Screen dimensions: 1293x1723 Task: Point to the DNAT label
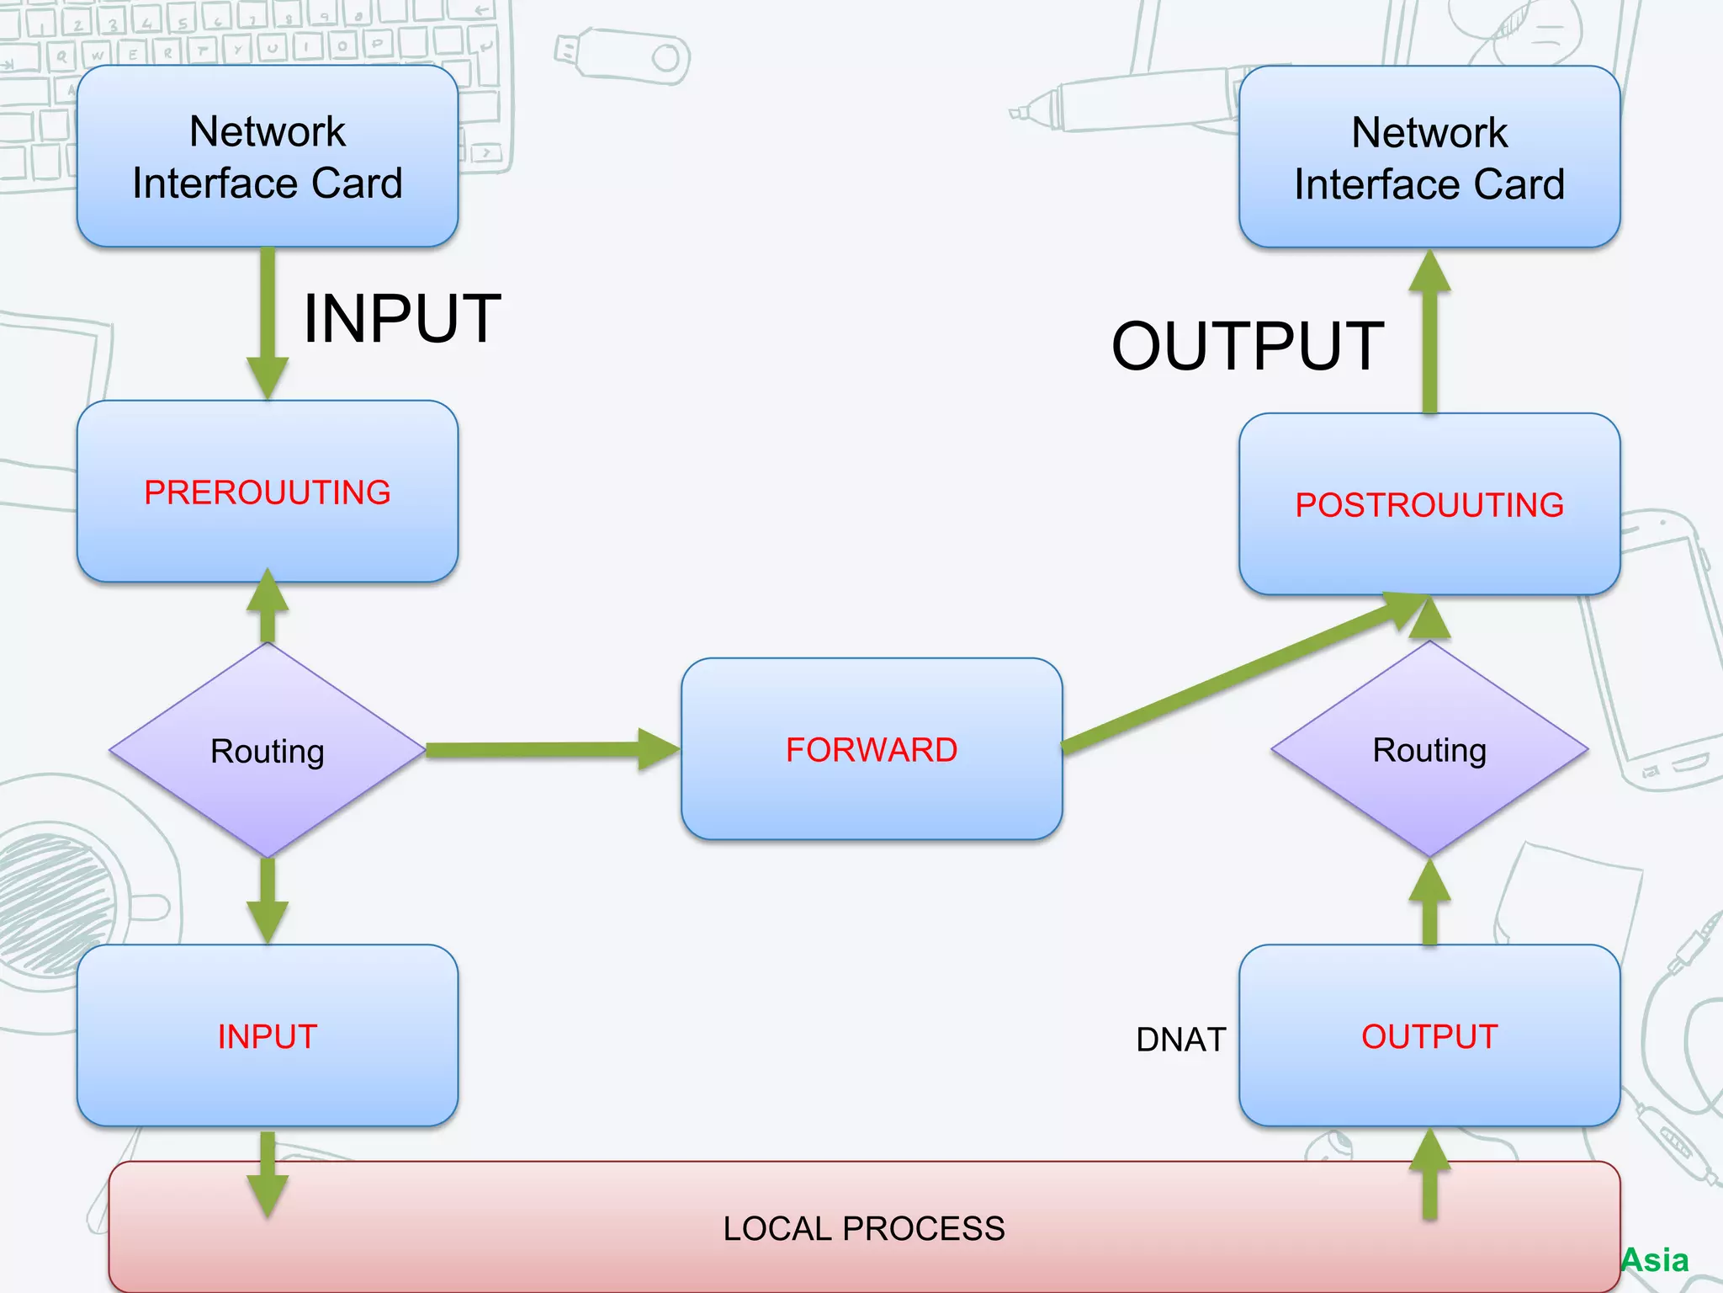(x=1180, y=1040)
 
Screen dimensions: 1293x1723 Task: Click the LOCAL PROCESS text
(x=864, y=1228)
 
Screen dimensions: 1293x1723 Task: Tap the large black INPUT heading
(x=402, y=318)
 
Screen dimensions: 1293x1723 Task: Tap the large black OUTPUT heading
(x=1248, y=346)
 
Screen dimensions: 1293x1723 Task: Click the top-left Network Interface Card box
(x=268, y=157)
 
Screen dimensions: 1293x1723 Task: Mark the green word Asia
(x=1655, y=1260)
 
